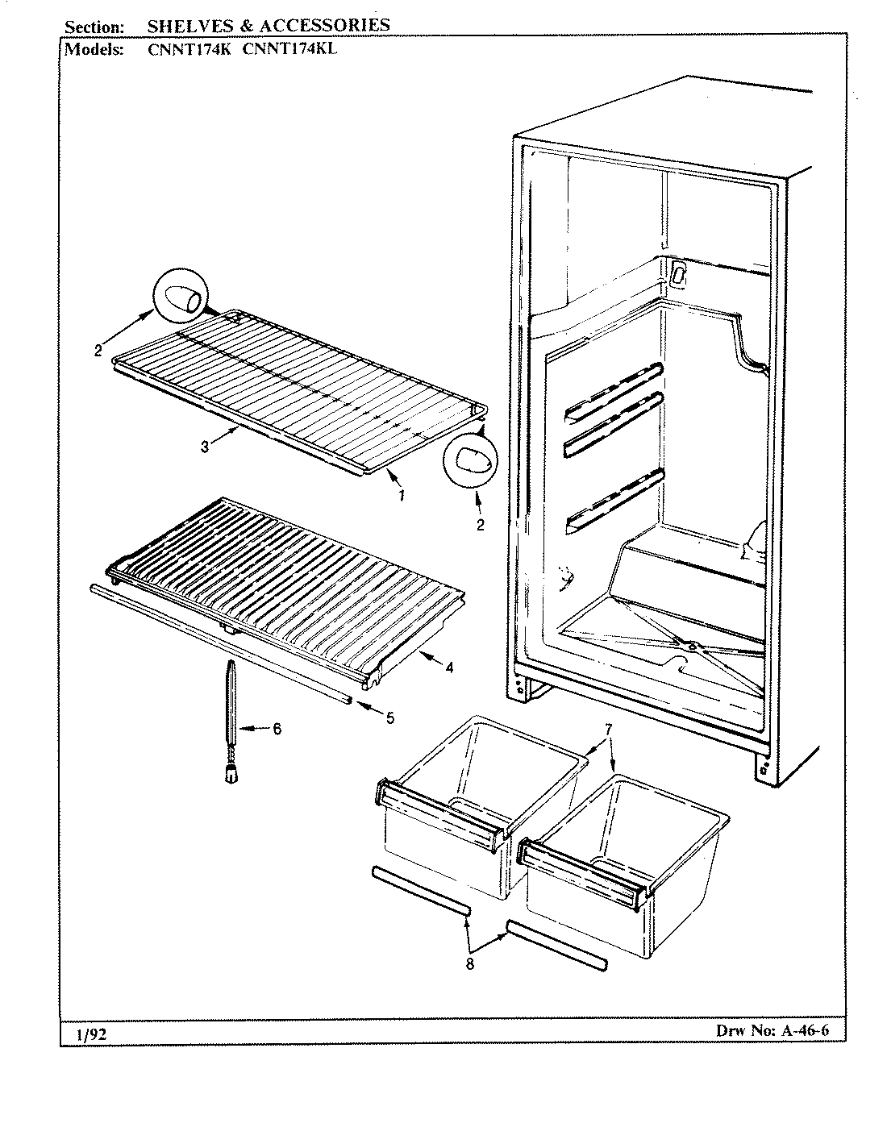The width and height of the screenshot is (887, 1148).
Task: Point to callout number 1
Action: point(402,495)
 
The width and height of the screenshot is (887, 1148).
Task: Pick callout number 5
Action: point(389,717)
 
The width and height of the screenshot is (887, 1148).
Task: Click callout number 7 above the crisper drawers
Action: point(608,730)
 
